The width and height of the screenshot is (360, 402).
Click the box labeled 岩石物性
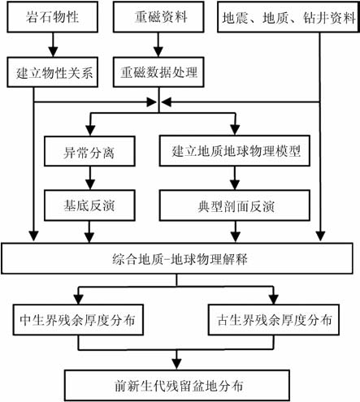click(x=52, y=17)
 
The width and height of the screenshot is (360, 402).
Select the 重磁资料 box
click(x=158, y=17)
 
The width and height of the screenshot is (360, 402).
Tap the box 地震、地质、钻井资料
click(x=288, y=17)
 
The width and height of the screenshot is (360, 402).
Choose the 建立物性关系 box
click(x=52, y=72)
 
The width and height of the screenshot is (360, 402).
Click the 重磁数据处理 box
click(x=158, y=72)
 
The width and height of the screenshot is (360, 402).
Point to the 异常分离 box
click(x=89, y=151)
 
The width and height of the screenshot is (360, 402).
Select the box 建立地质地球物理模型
click(x=235, y=151)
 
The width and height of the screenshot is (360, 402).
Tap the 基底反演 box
click(x=89, y=205)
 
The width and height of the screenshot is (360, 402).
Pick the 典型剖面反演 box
click(x=235, y=205)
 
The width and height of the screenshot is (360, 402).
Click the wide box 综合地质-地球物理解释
click(x=177, y=258)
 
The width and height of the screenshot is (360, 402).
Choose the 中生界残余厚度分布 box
click(x=78, y=320)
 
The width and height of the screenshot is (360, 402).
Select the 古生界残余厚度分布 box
click(x=274, y=320)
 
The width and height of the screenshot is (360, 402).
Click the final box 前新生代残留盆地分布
click(x=177, y=386)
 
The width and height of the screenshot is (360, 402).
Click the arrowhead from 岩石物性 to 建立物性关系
click(x=53, y=52)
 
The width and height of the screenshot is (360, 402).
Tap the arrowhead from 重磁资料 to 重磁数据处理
click(x=158, y=52)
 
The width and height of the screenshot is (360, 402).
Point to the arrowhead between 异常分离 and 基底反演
click(x=90, y=185)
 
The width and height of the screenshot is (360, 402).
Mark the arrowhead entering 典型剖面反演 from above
click(x=235, y=185)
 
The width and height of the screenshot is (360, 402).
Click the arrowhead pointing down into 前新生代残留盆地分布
click(x=177, y=365)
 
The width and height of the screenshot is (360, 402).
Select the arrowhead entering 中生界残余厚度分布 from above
click(x=79, y=300)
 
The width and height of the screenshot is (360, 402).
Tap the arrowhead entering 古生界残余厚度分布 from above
click(x=274, y=300)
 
